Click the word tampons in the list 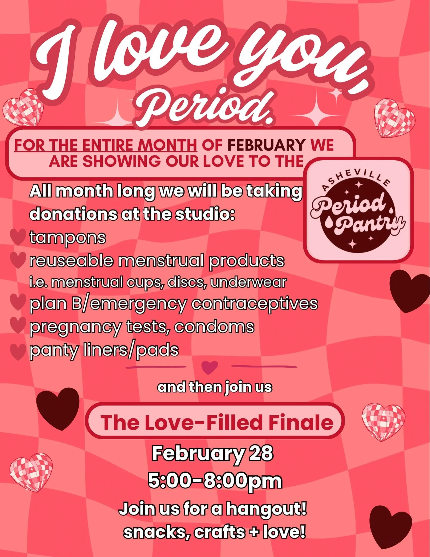pyautogui.click(x=67, y=238)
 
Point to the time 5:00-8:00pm pyautogui.click(x=215, y=481)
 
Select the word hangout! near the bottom pyautogui.click(x=266, y=509)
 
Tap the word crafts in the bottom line pyautogui.click(x=219, y=532)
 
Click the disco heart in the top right pyautogui.click(x=394, y=118)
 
